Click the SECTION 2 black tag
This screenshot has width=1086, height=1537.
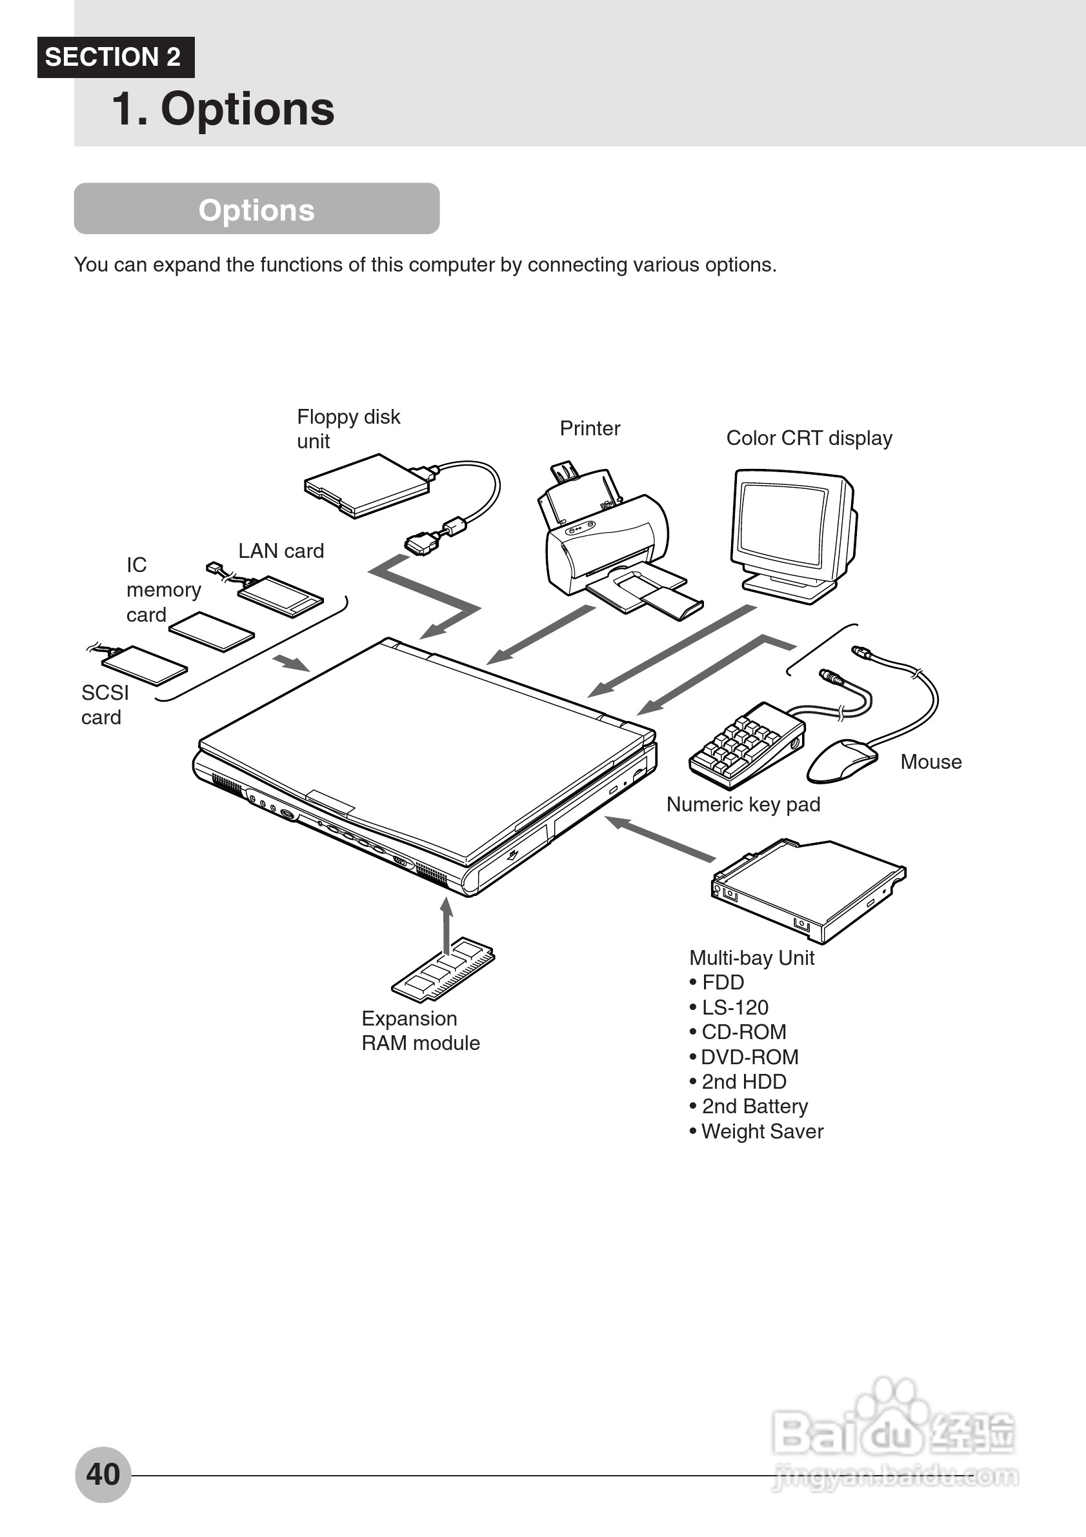coord(115,57)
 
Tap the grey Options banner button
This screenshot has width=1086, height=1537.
coord(256,209)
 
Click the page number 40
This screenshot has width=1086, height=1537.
coord(103,1473)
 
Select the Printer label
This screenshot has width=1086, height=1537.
coord(589,428)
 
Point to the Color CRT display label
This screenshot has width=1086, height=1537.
coord(809,438)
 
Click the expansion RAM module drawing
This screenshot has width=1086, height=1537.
coord(443,970)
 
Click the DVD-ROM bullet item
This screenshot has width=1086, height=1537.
coord(749,1056)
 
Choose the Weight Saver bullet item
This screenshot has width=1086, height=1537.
coord(761,1131)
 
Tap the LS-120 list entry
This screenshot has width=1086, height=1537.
coord(734,1007)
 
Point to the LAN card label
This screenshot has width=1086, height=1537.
coord(281,551)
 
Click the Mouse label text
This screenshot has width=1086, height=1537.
coord(930,762)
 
